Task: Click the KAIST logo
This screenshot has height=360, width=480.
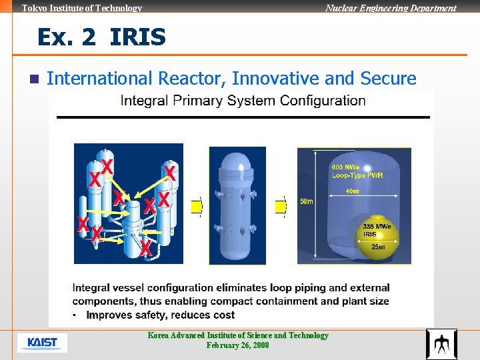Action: tap(42, 343)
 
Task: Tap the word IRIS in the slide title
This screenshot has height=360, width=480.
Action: tap(137, 37)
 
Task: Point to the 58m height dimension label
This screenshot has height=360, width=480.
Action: tap(307, 201)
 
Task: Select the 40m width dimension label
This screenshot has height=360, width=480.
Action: tap(352, 191)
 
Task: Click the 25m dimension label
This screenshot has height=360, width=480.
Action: tap(378, 247)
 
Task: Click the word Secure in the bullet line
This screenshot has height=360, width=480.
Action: tap(388, 79)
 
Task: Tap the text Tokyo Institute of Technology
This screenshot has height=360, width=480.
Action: tap(82, 8)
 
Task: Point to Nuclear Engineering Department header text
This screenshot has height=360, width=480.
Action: tap(391, 8)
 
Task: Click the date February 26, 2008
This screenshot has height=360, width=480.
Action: tap(238, 345)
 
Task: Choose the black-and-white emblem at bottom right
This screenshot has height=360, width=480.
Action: tap(441, 344)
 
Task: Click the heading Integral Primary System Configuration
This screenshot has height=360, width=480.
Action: tap(243, 101)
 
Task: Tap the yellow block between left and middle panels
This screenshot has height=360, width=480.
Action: tap(196, 207)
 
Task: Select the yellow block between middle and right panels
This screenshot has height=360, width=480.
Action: tap(280, 207)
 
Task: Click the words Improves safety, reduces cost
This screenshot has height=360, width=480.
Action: tap(160, 315)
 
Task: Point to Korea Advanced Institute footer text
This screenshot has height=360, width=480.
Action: tap(238, 335)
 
